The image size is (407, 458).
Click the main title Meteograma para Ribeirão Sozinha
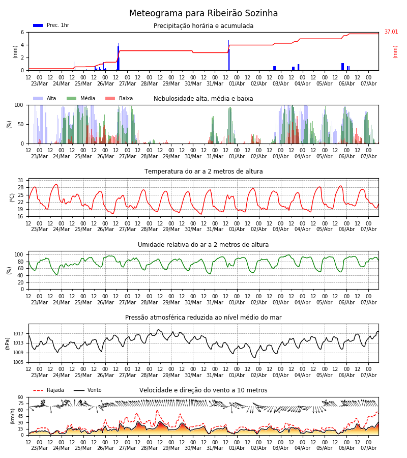pos(203,13)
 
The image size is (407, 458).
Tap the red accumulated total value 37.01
pos(391,32)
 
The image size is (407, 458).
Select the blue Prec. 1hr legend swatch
pos(38,25)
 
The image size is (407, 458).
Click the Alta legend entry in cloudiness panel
pos(44,98)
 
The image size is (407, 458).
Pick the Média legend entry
pos(81,98)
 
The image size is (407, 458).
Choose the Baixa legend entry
pos(119,98)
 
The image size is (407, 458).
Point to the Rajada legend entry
pos(48,390)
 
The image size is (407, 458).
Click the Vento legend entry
pos(88,390)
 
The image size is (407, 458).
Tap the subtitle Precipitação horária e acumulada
pos(203,26)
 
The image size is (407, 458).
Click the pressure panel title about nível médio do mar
pos(203,317)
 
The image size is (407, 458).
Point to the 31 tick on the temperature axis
pos(21,180)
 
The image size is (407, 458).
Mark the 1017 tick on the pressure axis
pos(18,333)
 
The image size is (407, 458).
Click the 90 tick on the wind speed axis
pos(20,397)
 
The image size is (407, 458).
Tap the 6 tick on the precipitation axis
pos(22,32)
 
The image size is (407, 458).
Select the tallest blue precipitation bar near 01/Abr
pos(228,55)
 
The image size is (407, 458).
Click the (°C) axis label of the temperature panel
pos(12,198)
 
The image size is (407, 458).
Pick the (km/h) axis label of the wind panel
pos(12,416)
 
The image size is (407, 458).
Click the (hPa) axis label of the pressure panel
pos(8,343)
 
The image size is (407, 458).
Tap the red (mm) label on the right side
pos(395,52)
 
